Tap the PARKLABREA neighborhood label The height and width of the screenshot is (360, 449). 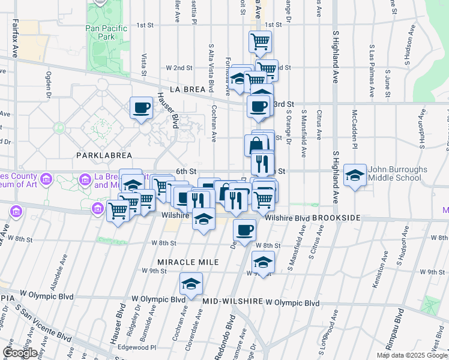pyautogui.click(x=104, y=155)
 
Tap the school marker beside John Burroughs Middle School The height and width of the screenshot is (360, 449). pyautogui.click(x=355, y=175)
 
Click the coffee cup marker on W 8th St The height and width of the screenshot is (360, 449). pyautogui.click(x=244, y=230)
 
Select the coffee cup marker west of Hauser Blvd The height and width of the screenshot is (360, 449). pyautogui.click(x=141, y=108)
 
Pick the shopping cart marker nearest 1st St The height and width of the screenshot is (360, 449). pyautogui.click(x=260, y=41)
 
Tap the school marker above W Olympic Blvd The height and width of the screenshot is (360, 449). pyautogui.click(x=191, y=283)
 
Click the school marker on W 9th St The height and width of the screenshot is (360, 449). pyautogui.click(x=263, y=262)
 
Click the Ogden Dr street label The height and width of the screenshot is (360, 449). pyautogui.click(x=48, y=84)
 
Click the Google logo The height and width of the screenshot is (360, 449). pyautogui.click(x=20, y=352)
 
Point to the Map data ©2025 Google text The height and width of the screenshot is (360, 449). pyautogui.click(x=411, y=355)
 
